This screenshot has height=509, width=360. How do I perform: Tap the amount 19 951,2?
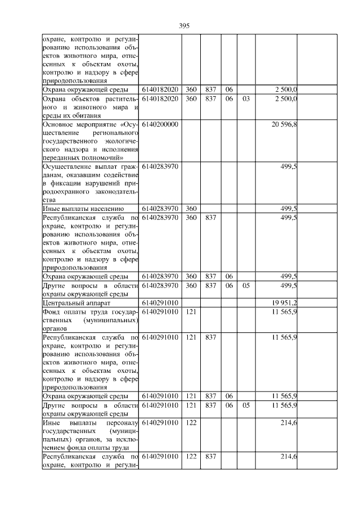point(285,303)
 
